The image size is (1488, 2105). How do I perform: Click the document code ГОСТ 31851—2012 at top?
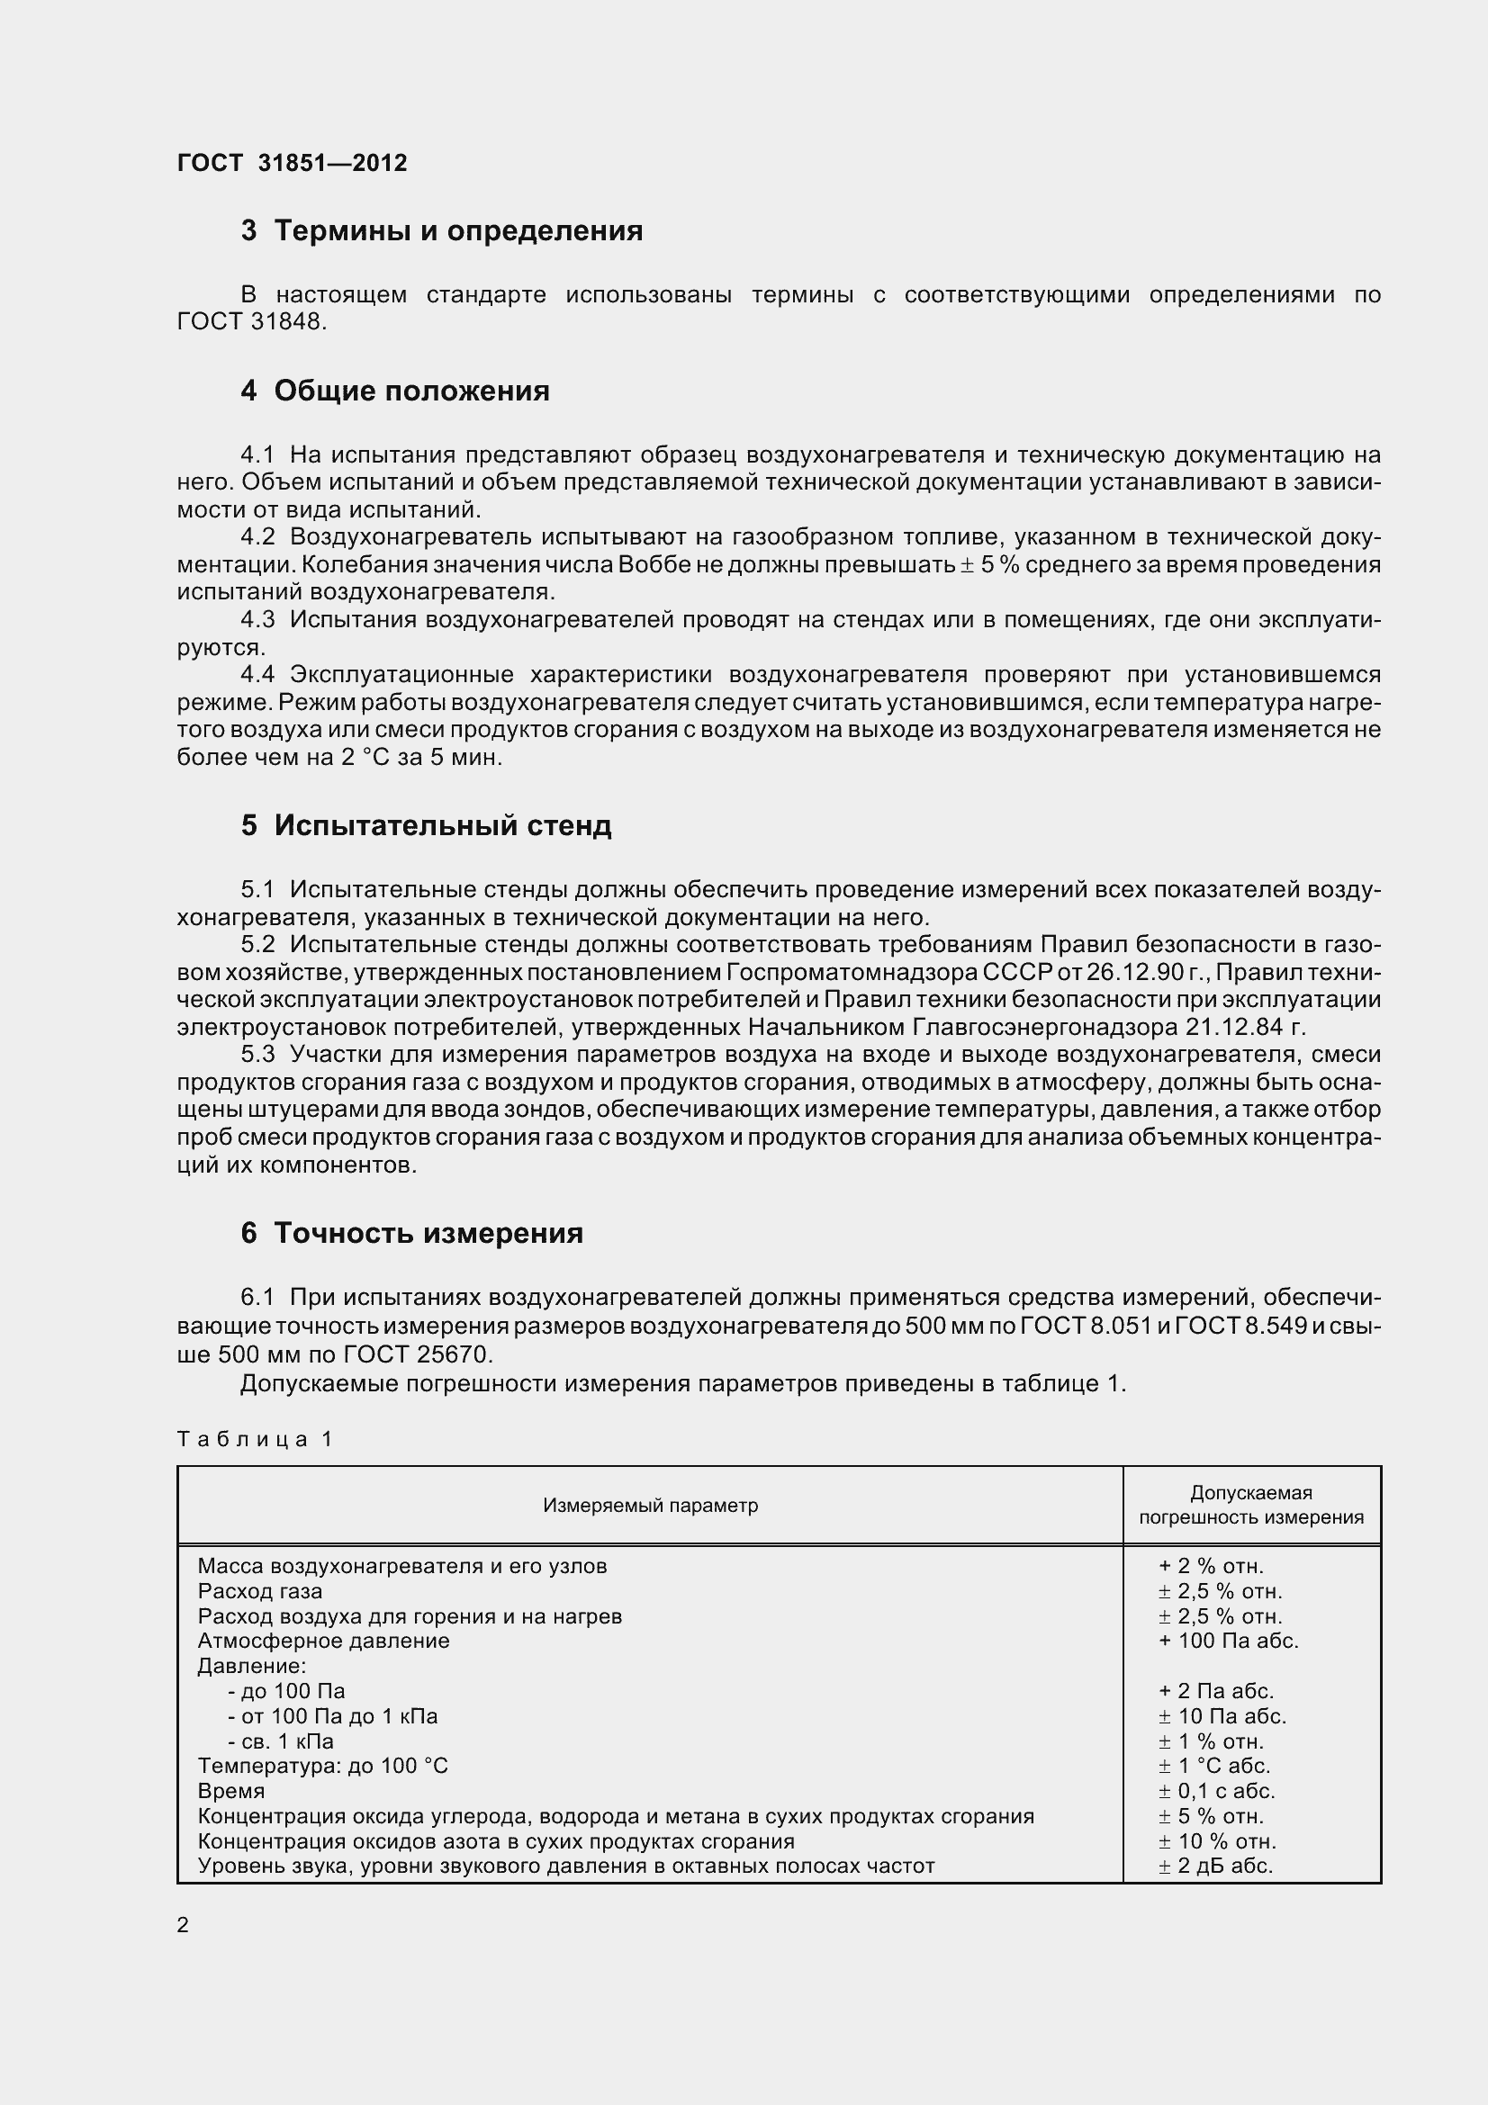pyautogui.click(x=292, y=163)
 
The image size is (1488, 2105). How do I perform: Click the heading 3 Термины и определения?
pyautogui.click(x=442, y=230)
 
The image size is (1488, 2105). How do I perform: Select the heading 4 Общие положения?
pyautogui.click(x=395, y=391)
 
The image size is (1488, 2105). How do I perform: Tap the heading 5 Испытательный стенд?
pyautogui.click(x=427, y=825)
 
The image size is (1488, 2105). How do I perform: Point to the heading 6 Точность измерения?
pyautogui.click(x=411, y=1233)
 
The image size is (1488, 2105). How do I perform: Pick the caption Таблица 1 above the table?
pyautogui.click(x=254, y=1439)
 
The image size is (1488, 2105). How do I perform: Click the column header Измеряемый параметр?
pyautogui.click(x=650, y=1506)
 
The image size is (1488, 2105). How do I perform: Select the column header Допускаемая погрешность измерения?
pyautogui.click(x=1251, y=1506)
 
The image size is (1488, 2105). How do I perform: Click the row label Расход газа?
pyautogui.click(x=260, y=1590)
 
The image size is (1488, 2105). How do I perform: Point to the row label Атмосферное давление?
pyautogui.click(x=324, y=1641)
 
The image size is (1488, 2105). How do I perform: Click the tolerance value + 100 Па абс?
pyautogui.click(x=1229, y=1641)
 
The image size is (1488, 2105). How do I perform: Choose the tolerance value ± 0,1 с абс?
pyautogui.click(x=1217, y=1791)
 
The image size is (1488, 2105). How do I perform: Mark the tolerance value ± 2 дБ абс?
pyautogui.click(x=1216, y=1866)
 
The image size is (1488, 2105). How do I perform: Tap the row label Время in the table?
pyautogui.click(x=231, y=1791)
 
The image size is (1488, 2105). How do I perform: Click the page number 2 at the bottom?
pyautogui.click(x=184, y=1925)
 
